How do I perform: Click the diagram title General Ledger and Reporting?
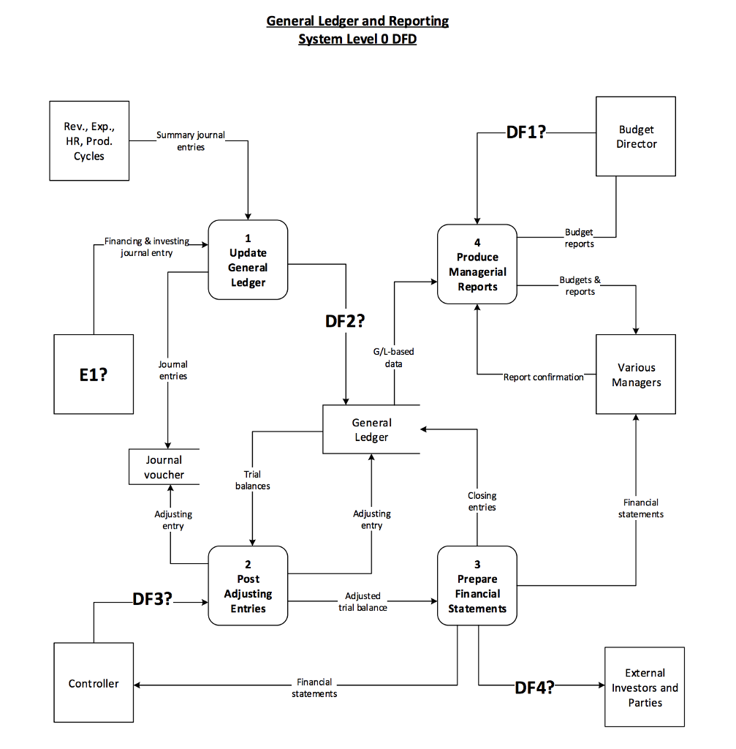tap(357, 21)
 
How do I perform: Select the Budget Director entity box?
tap(636, 137)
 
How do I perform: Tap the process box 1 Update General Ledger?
tap(248, 260)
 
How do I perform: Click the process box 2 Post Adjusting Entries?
tap(248, 586)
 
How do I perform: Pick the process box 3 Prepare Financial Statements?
tap(477, 586)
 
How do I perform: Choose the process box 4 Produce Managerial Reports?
tap(477, 264)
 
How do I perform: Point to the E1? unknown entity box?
tap(94, 374)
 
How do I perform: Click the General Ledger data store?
tap(371, 429)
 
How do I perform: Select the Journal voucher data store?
tap(164, 467)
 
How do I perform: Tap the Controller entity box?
tap(94, 683)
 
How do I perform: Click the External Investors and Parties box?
tap(645, 687)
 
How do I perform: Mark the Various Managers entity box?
tap(636, 374)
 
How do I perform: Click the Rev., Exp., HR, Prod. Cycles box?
tap(89, 141)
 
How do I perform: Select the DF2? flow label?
tap(345, 320)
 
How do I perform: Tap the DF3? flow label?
tap(152, 599)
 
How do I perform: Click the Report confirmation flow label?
tap(543, 377)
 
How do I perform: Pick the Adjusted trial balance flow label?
tap(363, 601)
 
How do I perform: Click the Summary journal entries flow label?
tap(191, 140)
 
